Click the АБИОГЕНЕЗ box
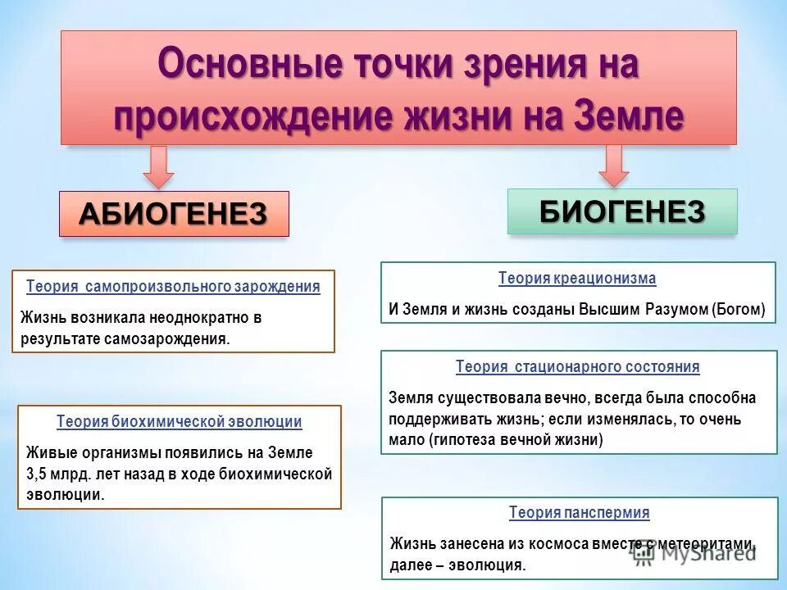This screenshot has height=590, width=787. click(174, 214)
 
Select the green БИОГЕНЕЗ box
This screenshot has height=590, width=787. click(622, 211)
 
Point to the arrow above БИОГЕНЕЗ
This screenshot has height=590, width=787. click(613, 165)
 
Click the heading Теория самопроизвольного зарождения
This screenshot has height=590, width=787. click(173, 287)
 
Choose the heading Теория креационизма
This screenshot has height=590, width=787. click(577, 279)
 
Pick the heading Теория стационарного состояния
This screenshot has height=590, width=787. click(578, 367)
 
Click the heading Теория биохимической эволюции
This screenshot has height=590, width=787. click(179, 422)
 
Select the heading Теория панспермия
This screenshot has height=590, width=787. click(579, 513)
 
